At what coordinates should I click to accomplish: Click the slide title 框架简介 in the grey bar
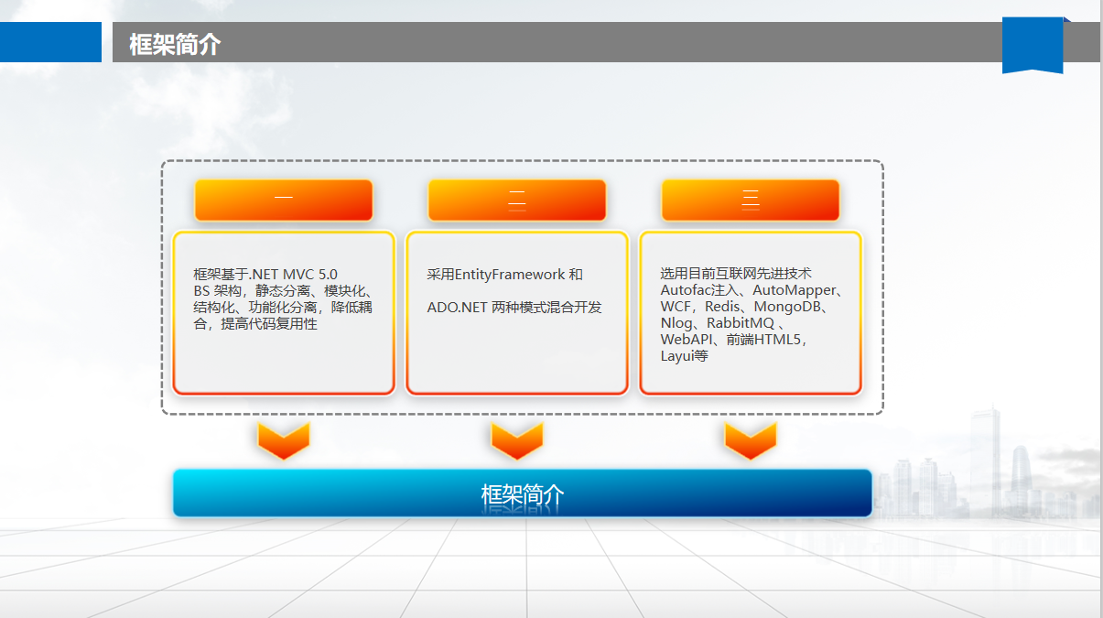175,44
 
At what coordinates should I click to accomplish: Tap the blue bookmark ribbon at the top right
1033,44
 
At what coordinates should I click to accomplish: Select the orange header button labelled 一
284,200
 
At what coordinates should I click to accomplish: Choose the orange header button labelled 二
517,200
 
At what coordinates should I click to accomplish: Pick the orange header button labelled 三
751,200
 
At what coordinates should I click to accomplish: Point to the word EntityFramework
510,275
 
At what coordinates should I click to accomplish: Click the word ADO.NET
457,308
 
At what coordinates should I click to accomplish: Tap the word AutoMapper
794,290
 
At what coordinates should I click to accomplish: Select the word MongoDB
787,307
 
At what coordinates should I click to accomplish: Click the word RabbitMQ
741,323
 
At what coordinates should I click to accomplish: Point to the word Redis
722,307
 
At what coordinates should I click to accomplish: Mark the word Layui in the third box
676,356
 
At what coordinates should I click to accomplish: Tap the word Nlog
676,323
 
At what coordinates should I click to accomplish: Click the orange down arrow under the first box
284,440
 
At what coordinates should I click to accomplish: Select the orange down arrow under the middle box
517,440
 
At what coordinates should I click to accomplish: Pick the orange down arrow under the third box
751,440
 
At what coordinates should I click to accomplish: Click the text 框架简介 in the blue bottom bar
523,494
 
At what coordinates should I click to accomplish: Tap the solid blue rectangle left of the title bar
50,42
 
